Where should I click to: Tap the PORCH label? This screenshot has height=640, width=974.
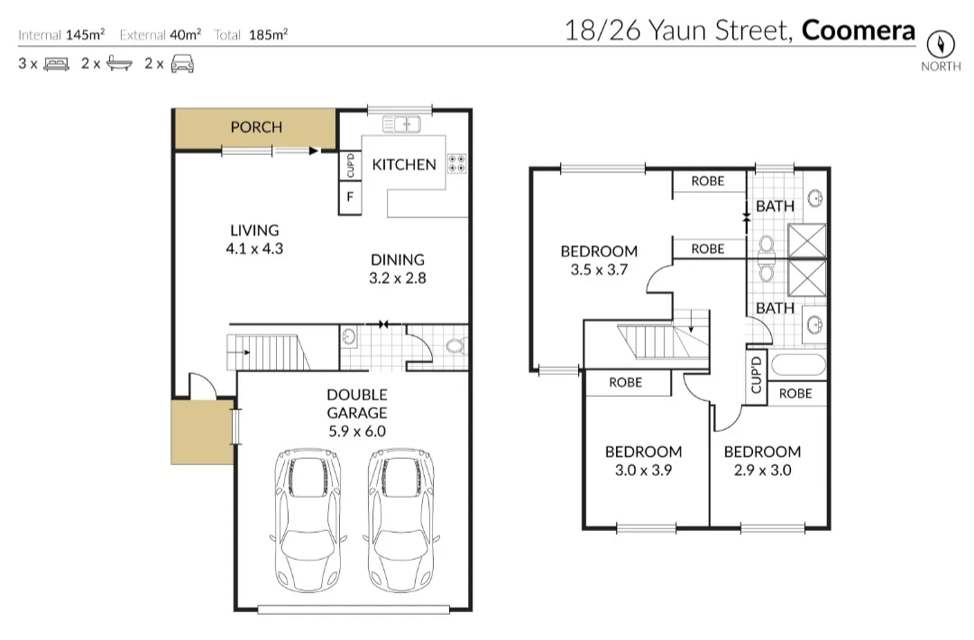256,127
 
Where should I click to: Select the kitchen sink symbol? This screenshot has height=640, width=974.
400,123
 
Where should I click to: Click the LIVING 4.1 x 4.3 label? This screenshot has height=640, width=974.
254,240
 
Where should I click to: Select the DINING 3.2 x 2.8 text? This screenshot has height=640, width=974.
397,269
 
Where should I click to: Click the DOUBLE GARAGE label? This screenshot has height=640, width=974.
357,412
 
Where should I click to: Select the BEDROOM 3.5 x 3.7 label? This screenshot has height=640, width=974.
599,261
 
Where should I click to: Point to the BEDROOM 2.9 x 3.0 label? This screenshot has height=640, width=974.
762,461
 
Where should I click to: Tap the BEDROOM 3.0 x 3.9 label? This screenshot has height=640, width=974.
643,461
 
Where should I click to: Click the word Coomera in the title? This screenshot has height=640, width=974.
858,31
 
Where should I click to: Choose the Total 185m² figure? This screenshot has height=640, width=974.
252,35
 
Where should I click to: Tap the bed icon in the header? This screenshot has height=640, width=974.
56,64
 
